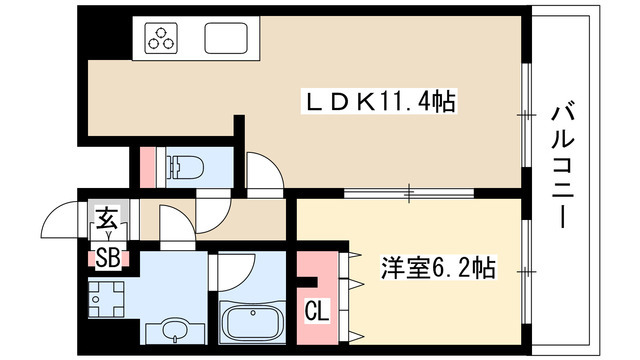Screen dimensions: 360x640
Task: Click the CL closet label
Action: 316,311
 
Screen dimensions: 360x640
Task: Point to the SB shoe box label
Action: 107,259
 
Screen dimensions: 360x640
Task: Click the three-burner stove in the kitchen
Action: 161,38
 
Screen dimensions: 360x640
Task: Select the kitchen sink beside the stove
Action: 225,38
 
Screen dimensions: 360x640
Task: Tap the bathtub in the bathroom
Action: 250,321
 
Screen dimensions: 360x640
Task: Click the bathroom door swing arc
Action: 231,269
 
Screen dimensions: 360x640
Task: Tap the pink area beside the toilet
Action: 148,166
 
